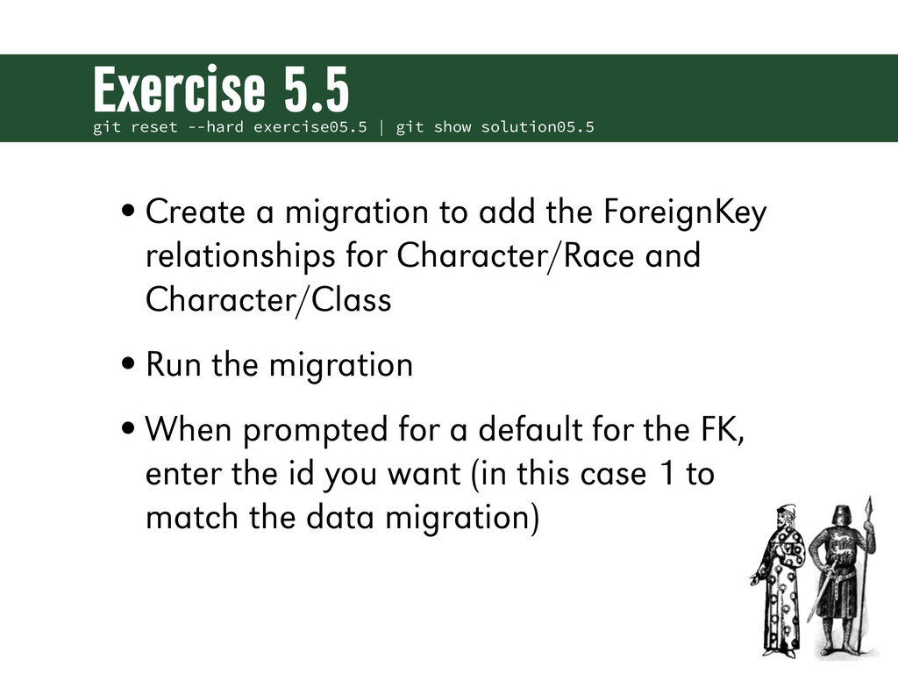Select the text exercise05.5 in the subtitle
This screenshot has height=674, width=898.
point(310,126)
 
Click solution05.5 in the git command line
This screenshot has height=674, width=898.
point(538,126)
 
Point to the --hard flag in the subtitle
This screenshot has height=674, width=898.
point(216,126)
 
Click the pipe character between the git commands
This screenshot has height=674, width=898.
point(381,126)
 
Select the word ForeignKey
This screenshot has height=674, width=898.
point(685,212)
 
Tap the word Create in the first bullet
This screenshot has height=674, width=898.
point(196,212)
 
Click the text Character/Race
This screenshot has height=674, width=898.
point(516,255)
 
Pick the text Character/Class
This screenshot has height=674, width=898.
point(268,300)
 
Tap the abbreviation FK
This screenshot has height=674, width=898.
point(723,430)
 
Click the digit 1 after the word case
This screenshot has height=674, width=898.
point(667,474)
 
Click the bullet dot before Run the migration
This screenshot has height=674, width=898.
point(129,363)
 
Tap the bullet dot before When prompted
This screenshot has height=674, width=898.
point(129,428)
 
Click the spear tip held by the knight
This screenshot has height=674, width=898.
point(869,506)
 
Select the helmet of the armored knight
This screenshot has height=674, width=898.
point(839,517)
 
